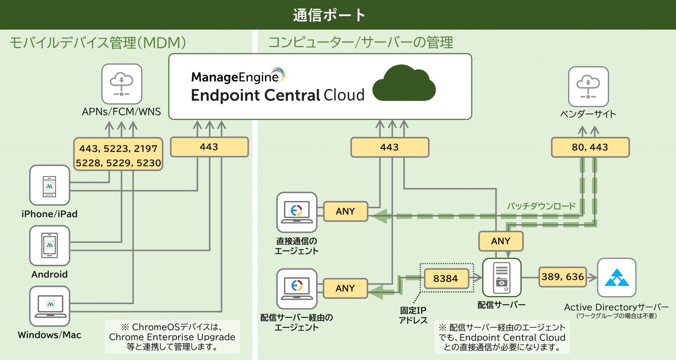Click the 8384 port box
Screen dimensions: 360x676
(446, 279)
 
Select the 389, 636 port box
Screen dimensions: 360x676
(562, 277)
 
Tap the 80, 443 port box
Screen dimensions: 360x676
(590, 147)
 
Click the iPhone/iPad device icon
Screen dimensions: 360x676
(49, 185)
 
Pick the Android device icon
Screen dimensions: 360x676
(49, 245)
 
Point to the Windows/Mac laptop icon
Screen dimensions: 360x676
(49, 306)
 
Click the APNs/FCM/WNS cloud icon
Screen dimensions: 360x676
(121, 84)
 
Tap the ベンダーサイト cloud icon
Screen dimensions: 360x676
(588, 86)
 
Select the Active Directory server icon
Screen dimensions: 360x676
(616, 278)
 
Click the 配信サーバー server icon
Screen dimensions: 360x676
(502, 278)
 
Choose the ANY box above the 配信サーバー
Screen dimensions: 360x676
(500, 241)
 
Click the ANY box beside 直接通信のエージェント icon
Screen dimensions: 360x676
(345, 211)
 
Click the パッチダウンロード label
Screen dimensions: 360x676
(541, 206)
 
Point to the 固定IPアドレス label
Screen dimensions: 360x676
(413, 315)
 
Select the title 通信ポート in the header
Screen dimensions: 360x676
(329, 15)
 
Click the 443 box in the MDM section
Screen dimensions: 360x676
(209, 147)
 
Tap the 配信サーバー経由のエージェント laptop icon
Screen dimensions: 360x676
(297, 288)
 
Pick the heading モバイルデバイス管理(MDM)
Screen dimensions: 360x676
(98, 43)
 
